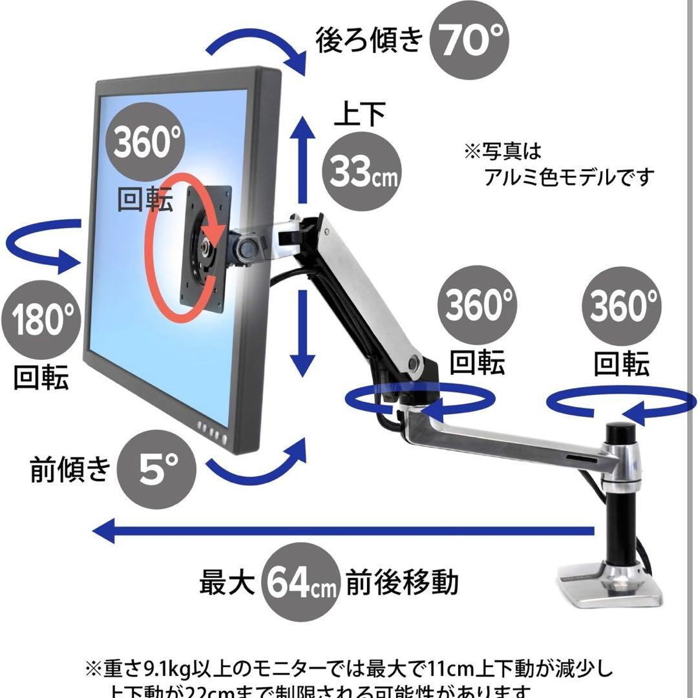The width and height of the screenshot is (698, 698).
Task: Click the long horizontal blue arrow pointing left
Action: coord(343,531)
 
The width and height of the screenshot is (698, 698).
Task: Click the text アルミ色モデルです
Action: coord(569,176)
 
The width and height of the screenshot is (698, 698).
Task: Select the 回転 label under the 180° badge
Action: coord(40,377)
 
